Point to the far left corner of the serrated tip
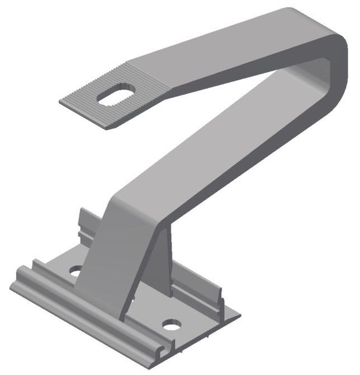[62, 101]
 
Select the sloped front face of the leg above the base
[103, 252]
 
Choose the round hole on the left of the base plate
[75, 272]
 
